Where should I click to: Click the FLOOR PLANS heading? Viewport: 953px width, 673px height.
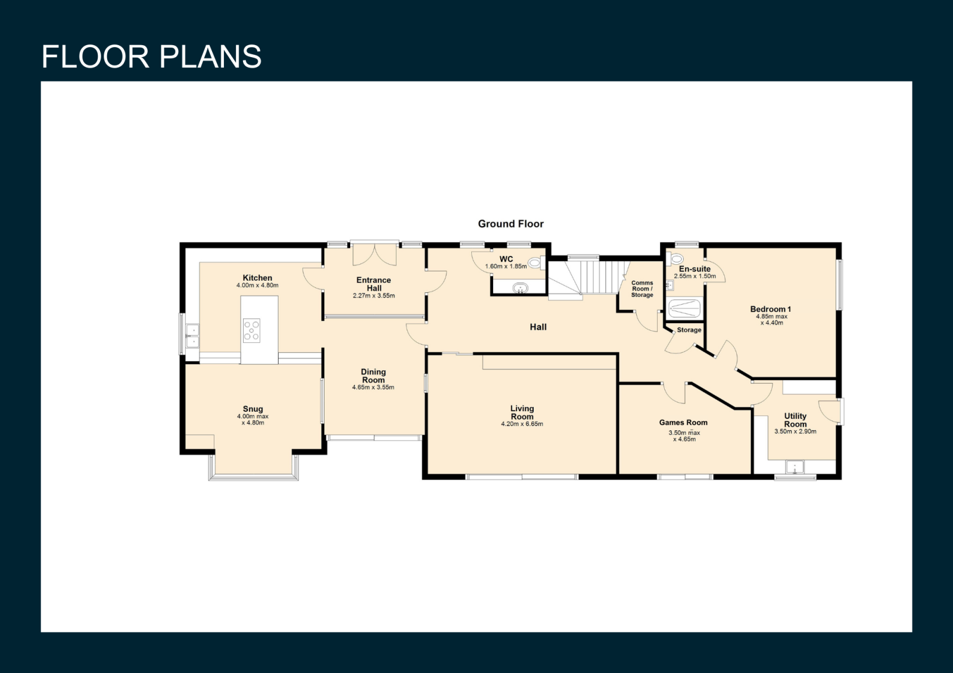pos(151,57)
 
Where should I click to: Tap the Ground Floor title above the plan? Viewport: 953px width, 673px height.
pos(510,224)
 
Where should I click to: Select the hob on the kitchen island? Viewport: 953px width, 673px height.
pos(251,330)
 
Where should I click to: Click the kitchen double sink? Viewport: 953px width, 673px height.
pos(192,336)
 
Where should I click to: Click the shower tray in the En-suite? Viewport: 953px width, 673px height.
pos(684,309)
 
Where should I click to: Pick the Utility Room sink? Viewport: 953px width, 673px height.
pos(795,467)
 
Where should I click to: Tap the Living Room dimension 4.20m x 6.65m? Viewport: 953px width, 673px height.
pos(522,424)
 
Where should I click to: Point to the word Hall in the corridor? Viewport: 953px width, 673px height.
pos(538,327)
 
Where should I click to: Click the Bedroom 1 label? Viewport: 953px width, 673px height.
pos(771,309)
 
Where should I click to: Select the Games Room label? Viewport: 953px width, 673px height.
pos(683,422)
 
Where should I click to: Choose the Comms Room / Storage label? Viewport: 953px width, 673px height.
pos(642,289)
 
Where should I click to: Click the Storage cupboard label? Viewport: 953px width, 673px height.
pos(689,330)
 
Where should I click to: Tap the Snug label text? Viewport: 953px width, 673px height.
pos(253,409)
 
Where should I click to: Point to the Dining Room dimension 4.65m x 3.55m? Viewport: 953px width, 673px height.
pos(373,387)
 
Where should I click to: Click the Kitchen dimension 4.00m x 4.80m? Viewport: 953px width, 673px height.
pos(257,285)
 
